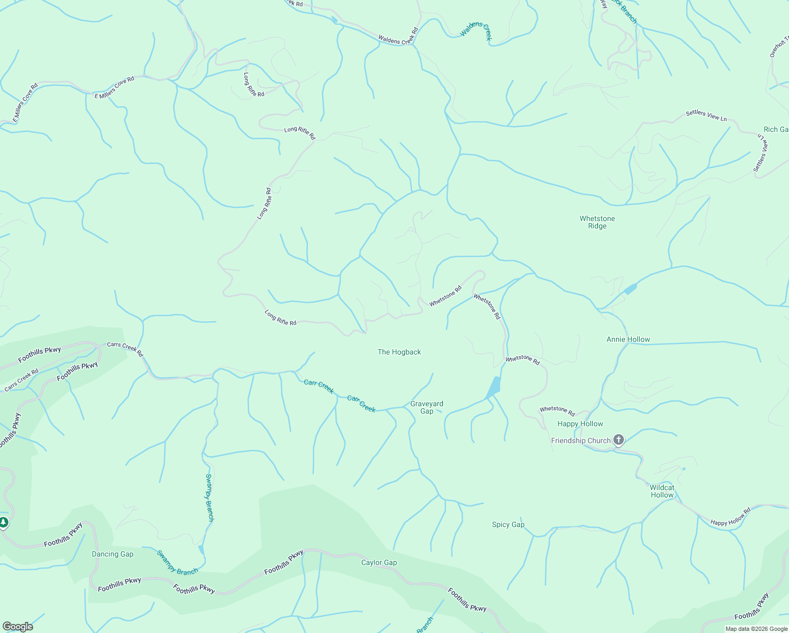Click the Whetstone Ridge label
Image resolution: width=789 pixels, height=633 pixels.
597,222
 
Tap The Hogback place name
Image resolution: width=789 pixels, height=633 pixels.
399,352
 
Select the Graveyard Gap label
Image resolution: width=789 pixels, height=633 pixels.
427,407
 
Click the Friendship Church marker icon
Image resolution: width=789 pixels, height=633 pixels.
619,440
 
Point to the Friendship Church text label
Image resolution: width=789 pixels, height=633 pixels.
580,440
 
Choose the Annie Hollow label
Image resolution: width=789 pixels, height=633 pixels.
628,339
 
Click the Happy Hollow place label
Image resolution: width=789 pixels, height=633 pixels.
580,424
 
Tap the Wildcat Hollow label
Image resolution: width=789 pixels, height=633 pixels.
662,491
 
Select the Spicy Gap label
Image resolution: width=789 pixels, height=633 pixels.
508,524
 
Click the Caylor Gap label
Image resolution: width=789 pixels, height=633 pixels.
379,562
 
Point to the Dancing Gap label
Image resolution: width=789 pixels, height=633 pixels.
112,554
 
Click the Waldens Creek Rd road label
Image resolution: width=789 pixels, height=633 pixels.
398,40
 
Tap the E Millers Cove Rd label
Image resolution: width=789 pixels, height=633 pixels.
114,88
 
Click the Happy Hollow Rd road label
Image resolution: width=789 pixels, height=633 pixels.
730,517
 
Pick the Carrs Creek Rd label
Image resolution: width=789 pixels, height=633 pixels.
125,349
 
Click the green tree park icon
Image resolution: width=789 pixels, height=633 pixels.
4,522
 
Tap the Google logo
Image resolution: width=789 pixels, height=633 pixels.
17,627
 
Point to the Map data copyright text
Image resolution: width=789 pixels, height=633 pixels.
756,629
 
